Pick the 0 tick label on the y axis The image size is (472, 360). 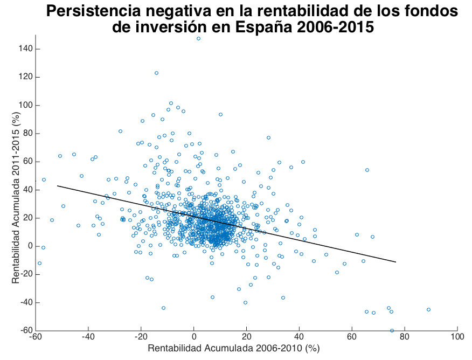click(x=30, y=246)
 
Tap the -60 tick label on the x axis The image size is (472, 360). click(x=36, y=337)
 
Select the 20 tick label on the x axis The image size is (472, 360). click(x=246, y=337)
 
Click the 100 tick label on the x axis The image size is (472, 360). click(x=457, y=337)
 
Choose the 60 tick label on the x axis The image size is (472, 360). click(x=352, y=337)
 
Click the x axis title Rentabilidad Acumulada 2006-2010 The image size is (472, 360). click(x=234, y=349)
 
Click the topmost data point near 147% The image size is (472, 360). click(x=198, y=39)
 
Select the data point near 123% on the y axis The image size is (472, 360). click(x=156, y=73)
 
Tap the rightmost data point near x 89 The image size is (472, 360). click(x=428, y=309)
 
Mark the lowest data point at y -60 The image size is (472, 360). click(x=392, y=330)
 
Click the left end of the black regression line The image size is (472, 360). click(x=57, y=186)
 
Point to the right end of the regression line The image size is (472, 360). click(x=396, y=262)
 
